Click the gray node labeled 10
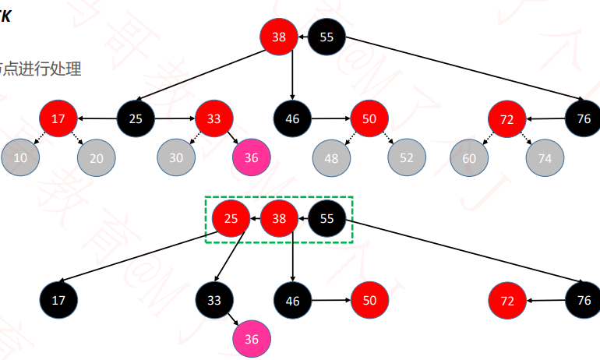(x=20, y=157)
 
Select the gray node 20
(x=96, y=157)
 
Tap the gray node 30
(x=177, y=157)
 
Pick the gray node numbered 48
(x=332, y=158)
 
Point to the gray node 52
(x=407, y=158)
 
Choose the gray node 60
(x=469, y=158)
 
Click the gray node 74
(x=545, y=158)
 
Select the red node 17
(x=58, y=119)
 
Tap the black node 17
(x=58, y=299)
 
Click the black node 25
(x=136, y=119)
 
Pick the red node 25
(x=231, y=219)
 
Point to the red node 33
(x=214, y=119)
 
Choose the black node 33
(x=214, y=299)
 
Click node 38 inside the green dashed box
(x=279, y=219)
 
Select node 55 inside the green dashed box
(x=327, y=219)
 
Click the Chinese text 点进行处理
(x=43, y=69)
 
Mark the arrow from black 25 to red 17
(x=97, y=119)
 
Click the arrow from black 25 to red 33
(x=175, y=119)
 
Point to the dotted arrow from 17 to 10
(x=40, y=138)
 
